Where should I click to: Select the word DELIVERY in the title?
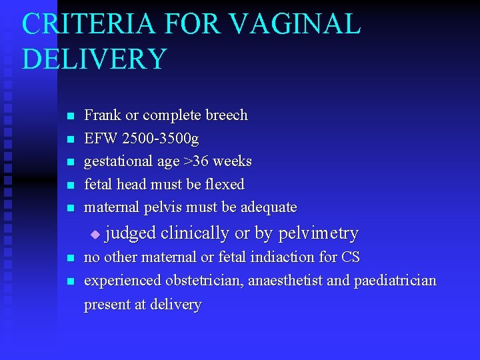[x=94, y=59]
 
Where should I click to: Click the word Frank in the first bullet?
[x=103, y=115]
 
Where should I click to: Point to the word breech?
[x=226, y=115]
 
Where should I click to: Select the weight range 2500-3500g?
[x=160, y=139]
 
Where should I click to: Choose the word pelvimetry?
[x=318, y=233]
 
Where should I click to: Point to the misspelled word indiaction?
[x=303, y=257]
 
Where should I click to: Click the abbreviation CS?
[x=351, y=257]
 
